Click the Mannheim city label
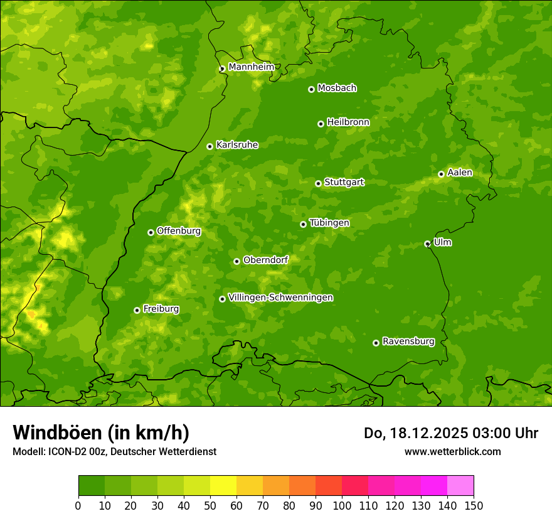tap(252, 67)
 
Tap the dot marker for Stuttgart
tap(318, 183)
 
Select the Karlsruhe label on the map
tap(237, 145)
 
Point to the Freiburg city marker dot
tap(137, 310)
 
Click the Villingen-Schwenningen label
tap(281, 298)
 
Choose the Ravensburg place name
tap(408, 341)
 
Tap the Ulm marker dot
tap(427, 244)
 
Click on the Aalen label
tap(460, 173)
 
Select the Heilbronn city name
tap(348, 122)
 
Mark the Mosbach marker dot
tap(311, 89)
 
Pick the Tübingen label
tap(329, 223)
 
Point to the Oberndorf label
tap(266, 260)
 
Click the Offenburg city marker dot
tap(151, 232)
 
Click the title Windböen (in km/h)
tap(101, 432)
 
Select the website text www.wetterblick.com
tap(452, 451)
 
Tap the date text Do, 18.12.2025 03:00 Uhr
tap(451, 433)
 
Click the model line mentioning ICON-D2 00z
tap(114, 451)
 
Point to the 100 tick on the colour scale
tap(342, 505)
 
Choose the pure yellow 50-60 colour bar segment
tap(223, 486)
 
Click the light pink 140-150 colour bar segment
tap(460, 486)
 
